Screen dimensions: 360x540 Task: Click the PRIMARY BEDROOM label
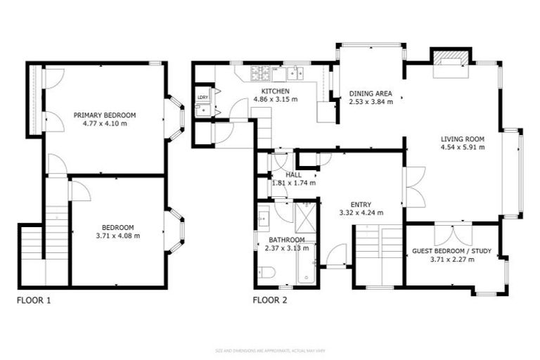point(105,115)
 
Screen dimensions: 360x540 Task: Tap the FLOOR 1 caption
point(33,300)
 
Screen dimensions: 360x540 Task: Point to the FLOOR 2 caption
point(269,300)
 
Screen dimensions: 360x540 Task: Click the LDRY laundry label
point(202,97)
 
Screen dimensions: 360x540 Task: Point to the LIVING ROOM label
point(463,139)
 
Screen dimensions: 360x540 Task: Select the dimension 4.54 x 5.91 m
point(463,148)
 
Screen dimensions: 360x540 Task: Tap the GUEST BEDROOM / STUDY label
point(452,251)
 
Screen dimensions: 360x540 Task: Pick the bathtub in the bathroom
point(307,267)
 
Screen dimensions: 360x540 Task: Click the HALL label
point(292,174)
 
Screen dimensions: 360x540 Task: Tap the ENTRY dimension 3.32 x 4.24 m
point(360,212)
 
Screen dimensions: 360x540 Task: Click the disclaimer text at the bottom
point(269,349)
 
